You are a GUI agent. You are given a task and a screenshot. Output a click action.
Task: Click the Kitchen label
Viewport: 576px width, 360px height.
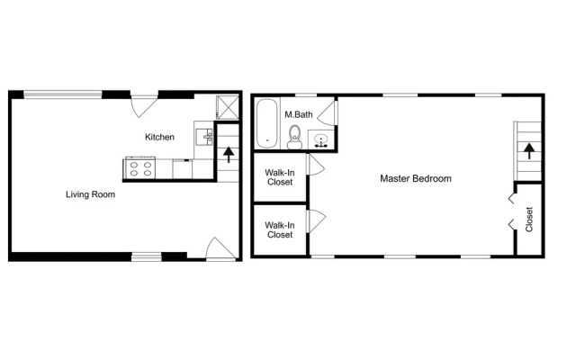click(x=159, y=137)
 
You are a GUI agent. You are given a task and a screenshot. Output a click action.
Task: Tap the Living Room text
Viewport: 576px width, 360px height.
click(x=90, y=194)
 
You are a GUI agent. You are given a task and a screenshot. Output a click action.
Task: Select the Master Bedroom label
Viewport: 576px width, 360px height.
click(x=416, y=178)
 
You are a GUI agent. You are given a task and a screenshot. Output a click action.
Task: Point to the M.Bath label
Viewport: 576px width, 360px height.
click(x=298, y=114)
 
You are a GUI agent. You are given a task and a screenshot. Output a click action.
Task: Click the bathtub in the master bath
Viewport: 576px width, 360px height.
click(x=266, y=123)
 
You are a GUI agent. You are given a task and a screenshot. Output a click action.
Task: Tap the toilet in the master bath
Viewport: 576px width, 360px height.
click(x=294, y=137)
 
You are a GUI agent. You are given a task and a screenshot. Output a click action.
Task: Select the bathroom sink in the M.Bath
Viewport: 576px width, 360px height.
click(x=321, y=141)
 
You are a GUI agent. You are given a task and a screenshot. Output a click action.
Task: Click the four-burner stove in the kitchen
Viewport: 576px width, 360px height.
click(x=140, y=168)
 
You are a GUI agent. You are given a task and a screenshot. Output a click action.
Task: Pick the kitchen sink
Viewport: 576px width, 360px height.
click(x=204, y=138)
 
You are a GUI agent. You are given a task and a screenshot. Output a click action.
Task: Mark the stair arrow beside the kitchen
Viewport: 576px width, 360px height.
click(x=229, y=154)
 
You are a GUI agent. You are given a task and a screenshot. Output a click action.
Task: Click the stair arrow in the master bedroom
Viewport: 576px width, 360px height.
click(x=529, y=151)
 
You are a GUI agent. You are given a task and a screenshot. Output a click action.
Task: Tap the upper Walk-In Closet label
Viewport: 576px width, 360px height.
click(x=280, y=177)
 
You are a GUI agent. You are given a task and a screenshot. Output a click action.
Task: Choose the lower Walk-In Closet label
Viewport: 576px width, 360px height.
click(x=280, y=229)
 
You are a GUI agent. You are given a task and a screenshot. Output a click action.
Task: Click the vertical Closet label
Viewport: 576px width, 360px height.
click(x=529, y=220)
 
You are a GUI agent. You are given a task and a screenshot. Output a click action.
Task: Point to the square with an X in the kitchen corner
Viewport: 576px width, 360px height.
click(x=228, y=107)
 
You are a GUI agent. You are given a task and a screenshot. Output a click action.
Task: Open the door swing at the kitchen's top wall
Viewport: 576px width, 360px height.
click(x=144, y=106)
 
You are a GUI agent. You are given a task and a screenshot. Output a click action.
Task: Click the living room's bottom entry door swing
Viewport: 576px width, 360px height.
click(x=221, y=248)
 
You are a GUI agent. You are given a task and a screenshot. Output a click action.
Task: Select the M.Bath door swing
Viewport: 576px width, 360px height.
click(x=328, y=112)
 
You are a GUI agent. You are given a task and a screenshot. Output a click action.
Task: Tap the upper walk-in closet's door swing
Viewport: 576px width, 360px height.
click(x=316, y=165)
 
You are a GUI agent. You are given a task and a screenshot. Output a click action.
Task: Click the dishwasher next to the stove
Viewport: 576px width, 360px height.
click(x=182, y=169)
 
